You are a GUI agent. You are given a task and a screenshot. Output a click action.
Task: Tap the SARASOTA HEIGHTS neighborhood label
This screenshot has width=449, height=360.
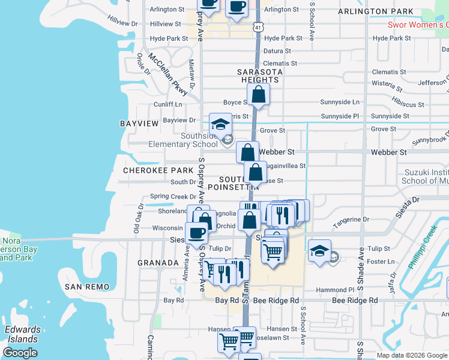(x=261, y=76)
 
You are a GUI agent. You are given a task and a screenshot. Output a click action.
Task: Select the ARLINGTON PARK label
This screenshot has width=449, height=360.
(x=375, y=11)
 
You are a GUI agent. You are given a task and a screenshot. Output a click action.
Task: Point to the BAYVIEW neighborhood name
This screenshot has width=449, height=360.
(x=139, y=123)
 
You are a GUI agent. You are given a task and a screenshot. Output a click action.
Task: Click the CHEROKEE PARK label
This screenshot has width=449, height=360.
(x=149, y=170)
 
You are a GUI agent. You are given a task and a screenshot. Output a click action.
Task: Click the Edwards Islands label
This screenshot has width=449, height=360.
(x=22, y=334)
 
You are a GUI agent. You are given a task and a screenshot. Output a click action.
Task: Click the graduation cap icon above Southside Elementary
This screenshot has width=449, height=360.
(x=220, y=125)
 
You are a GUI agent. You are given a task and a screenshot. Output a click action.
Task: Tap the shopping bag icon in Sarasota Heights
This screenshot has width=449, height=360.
(x=258, y=94)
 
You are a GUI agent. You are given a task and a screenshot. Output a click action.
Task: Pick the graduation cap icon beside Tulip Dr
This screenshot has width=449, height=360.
(x=319, y=250)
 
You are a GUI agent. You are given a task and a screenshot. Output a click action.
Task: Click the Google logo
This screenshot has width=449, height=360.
(x=20, y=353)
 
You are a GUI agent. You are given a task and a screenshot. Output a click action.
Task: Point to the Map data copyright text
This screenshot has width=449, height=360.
(x=412, y=355)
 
